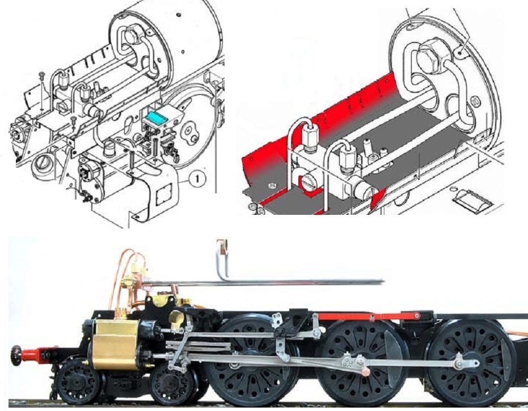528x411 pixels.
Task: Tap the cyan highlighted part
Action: [x=155, y=117]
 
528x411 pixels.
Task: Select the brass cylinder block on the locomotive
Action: [x=115, y=344]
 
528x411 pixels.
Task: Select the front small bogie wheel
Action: [x=77, y=382]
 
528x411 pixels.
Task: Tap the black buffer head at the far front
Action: [x=15, y=355]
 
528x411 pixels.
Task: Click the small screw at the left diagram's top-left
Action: [x=42, y=74]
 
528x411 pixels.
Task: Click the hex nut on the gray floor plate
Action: [x=272, y=185]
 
